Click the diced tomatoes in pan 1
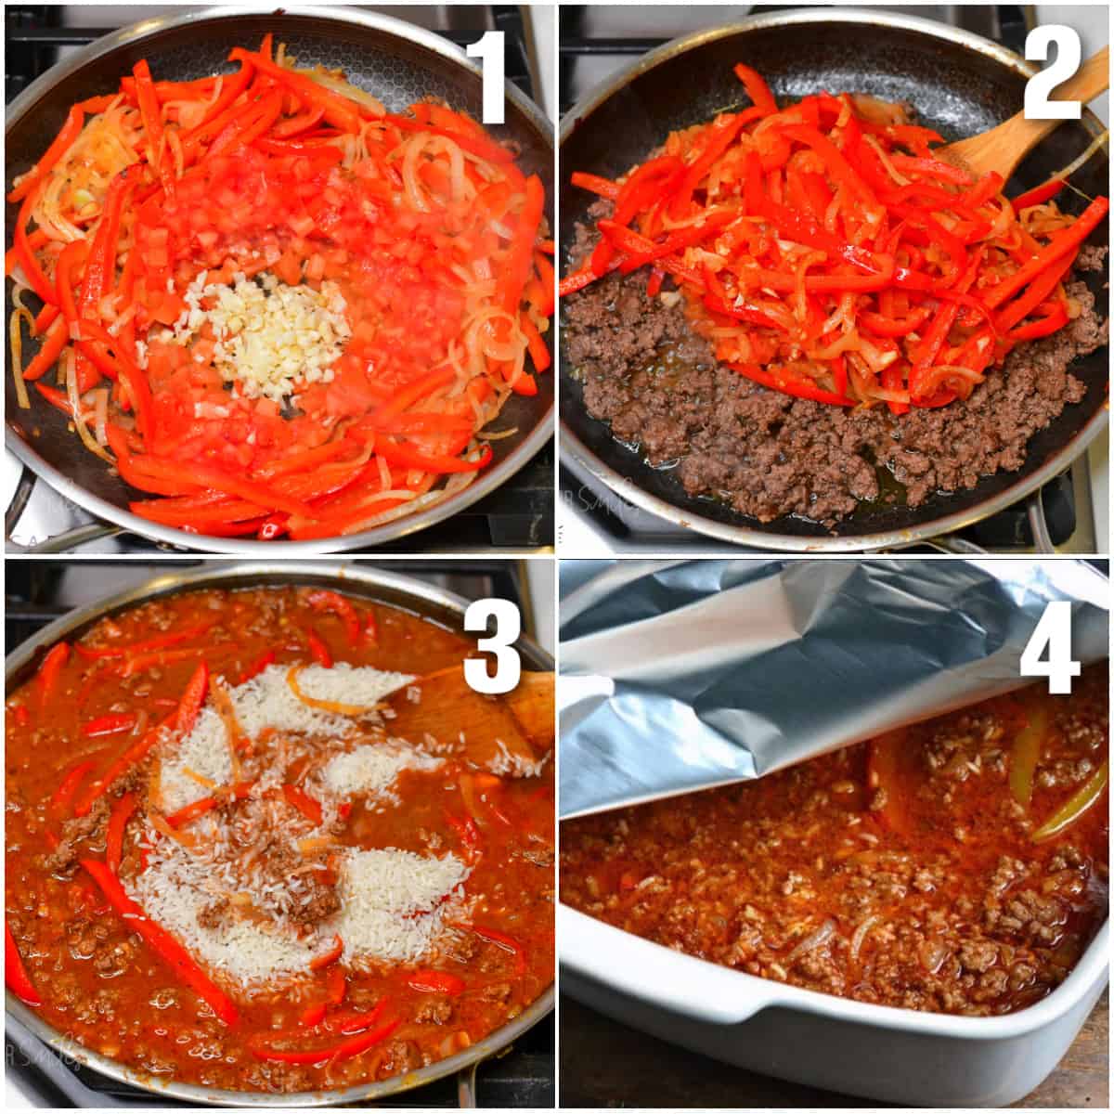click(241, 241)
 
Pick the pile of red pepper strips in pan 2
click(835, 251)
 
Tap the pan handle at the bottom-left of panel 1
click(37, 520)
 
